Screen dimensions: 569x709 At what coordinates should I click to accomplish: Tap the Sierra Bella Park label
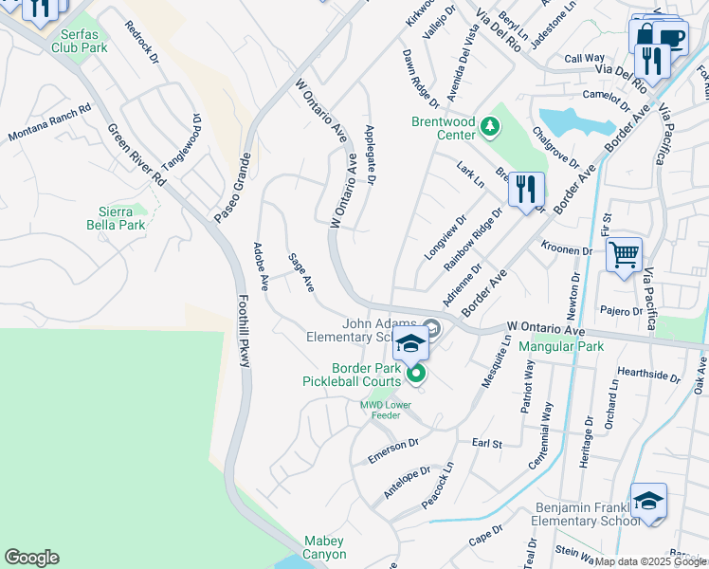[122, 218]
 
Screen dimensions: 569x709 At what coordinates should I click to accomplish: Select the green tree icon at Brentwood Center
[489, 126]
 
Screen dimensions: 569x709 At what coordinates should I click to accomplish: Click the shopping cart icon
[624, 254]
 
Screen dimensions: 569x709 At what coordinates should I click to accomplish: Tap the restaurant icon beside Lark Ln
[526, 188]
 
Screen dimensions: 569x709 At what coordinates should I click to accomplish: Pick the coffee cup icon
[671, 38]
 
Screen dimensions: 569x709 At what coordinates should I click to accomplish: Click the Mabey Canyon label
[325, 547]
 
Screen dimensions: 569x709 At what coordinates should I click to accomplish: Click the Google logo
[31, 558]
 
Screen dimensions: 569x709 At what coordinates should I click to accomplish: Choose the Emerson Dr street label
[393, 450]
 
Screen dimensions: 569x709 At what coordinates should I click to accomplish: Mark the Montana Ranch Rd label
[48, 124]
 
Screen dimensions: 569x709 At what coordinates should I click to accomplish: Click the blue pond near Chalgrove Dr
[564, 121]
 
